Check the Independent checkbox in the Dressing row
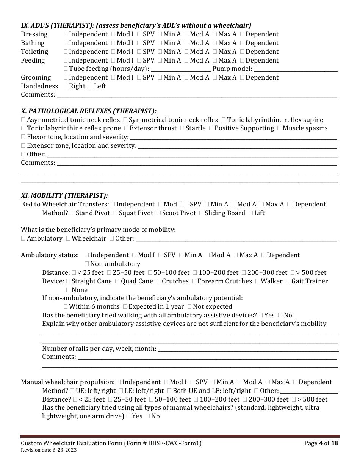pyautogui.click(x=66, y=34)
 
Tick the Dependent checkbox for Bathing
pyautogui.click(x=243, y=43)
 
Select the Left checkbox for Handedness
pyautogui.click(x=91, y=86)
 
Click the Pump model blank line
pyautogui.click(x=295, y=69)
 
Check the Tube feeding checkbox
pyautogui.click(x=66, y=69)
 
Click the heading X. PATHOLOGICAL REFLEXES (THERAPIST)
pyautogui.click(x=89, y=111)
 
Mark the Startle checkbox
pyautogui.click(x=183, y=128)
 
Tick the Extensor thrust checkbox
pyautogui.click(x=126, y=128)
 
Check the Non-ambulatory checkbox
pyautogui.click(x=87, y=264)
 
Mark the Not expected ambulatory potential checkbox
pyautogui.click(x=189, y=307)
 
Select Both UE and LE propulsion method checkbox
pyautogui.click(x=169, y=391)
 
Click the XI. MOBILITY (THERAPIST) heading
pyautogui.click(x=64, y=195)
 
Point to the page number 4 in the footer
pyautogui.click(x=320, y=443)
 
